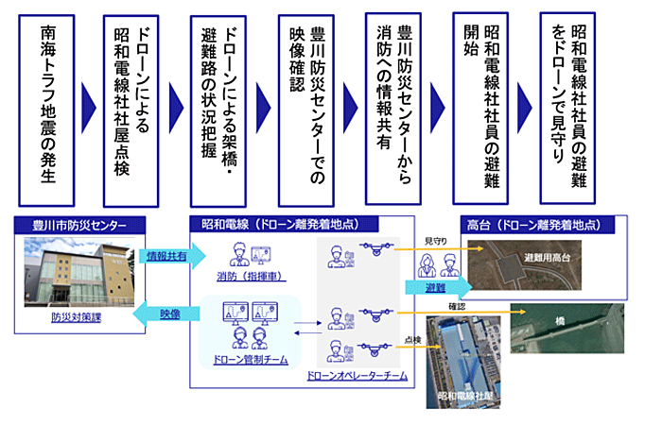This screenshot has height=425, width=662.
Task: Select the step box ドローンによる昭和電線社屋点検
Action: point(135,104)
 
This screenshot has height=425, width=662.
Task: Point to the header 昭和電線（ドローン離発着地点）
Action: point(284,225)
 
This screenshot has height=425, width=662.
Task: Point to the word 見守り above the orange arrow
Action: point(437,242)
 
